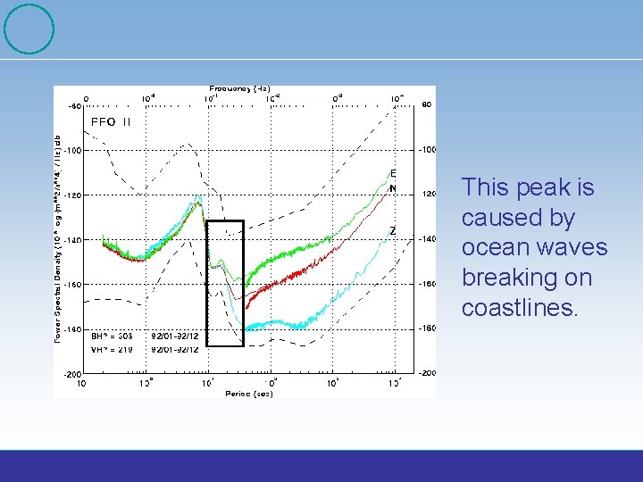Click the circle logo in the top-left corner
(29, 29)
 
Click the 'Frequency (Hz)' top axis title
(240, 88)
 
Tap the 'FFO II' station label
(111, 122)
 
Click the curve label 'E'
(393, 172)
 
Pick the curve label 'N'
(393, 188)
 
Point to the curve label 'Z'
(393, 231)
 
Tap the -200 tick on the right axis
(428, 373)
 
